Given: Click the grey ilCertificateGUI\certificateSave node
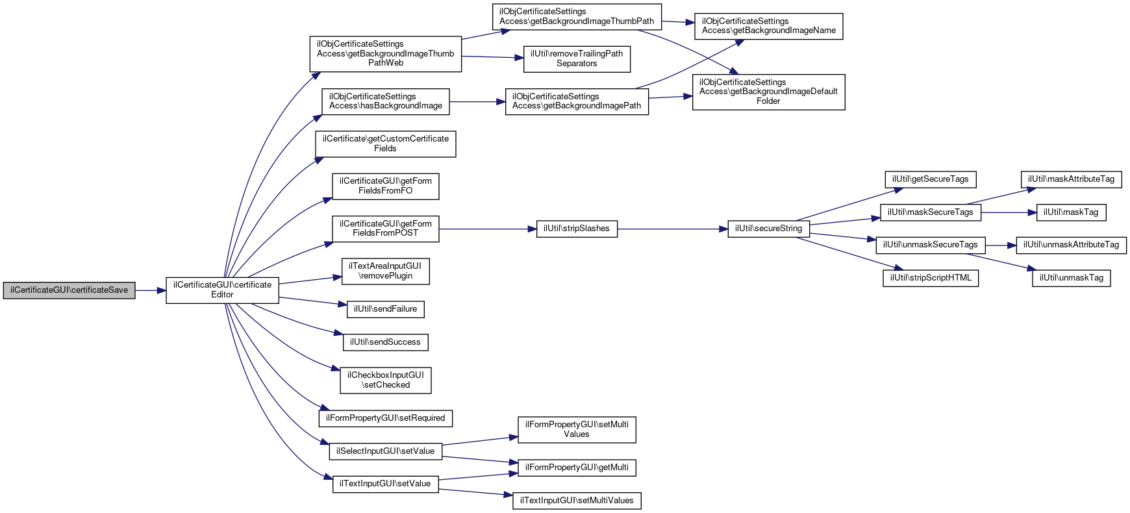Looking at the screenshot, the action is coord(69,290).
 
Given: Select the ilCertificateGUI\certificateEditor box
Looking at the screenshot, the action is coord(222,290).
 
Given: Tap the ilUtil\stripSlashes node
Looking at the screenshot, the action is coord(577,229).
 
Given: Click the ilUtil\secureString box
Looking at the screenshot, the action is coord(768,229).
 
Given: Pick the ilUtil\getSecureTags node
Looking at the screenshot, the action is coord(930,179).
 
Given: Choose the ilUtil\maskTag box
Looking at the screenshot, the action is coord(1071,212).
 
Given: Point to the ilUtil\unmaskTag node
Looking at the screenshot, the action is coord(1071,278).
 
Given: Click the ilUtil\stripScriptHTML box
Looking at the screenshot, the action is coord(930,278).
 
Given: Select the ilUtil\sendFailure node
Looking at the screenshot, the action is coord(385,309).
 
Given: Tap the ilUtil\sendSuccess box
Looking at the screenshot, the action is coord(385,342).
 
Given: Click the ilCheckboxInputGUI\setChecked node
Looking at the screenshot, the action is coord(385,381).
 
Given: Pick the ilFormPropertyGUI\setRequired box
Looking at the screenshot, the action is coord(385,418).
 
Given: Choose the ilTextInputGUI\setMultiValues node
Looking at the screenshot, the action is coord(577,501).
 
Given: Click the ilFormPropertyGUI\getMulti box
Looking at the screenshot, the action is coord(577,468).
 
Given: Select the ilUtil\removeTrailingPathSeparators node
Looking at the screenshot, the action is coord(577,58).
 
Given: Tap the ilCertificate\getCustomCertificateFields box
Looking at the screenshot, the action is coord(385,144).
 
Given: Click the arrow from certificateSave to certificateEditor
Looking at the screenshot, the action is coord(151,290).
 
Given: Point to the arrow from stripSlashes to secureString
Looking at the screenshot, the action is coord(673,229).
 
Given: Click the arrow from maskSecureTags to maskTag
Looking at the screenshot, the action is coord(1009,212).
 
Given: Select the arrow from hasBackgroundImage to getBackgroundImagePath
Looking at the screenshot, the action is coord(477,102).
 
